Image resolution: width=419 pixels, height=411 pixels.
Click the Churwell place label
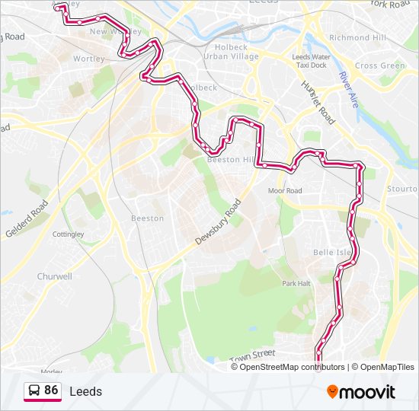54,276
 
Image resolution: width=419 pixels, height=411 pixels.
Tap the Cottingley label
68,234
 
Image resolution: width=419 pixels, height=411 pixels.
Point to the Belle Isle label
331,252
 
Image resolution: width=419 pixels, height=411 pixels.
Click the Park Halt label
296,283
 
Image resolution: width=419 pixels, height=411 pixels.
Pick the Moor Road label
285,190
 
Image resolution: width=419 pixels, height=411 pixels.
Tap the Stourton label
402,188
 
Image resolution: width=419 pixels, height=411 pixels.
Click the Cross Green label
380,65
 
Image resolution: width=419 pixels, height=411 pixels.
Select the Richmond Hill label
359,37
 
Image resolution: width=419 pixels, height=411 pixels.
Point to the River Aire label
350,90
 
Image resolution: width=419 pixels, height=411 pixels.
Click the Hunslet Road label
318,103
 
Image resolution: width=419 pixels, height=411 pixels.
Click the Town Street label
251,355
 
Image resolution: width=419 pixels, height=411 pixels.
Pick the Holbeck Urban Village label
226,52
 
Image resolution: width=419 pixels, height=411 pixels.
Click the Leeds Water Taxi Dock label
312,61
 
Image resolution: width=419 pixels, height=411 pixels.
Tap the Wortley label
89,59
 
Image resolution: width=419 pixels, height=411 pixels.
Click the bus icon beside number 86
34,390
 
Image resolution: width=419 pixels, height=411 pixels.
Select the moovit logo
361,392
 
